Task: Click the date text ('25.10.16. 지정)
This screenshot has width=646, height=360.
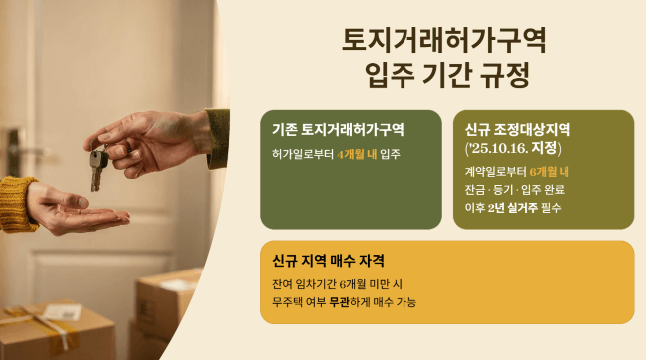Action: pos(514,148)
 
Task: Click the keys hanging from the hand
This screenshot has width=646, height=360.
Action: pos(97,167)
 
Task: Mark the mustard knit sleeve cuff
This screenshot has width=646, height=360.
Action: pos(17,204)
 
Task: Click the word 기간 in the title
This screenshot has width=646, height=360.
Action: pos(444,75)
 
